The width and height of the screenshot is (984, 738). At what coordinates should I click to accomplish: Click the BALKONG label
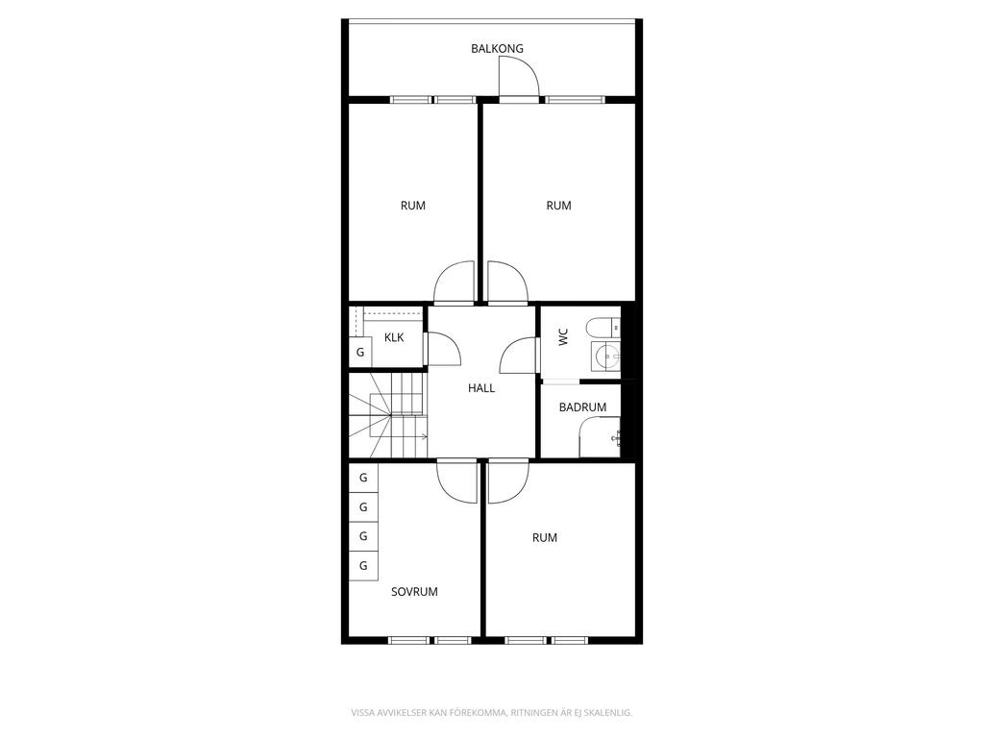point(497,48)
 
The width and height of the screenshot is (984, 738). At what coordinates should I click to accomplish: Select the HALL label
point(481,388)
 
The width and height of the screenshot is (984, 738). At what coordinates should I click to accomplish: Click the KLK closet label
point(394,337)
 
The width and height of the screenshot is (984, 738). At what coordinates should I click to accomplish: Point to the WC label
point(563,336)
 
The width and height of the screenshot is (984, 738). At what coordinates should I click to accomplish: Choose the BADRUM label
point(582,407)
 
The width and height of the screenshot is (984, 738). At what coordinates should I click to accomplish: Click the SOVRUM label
point(414,592)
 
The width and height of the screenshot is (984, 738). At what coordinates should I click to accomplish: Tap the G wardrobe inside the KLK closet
point(360,352)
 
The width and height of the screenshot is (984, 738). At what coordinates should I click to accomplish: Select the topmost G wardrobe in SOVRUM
point(363,478)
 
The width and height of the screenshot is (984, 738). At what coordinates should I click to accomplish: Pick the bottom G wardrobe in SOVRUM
point(363,566)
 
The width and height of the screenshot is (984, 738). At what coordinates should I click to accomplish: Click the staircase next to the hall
point(386,415)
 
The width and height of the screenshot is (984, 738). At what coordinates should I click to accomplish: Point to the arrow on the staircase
point(421,438)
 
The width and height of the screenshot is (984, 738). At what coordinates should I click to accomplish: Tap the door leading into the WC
point(519,357)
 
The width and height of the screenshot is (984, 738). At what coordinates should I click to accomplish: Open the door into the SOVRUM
point(457,480)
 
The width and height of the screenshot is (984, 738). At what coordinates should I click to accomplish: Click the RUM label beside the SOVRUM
point(545,538)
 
